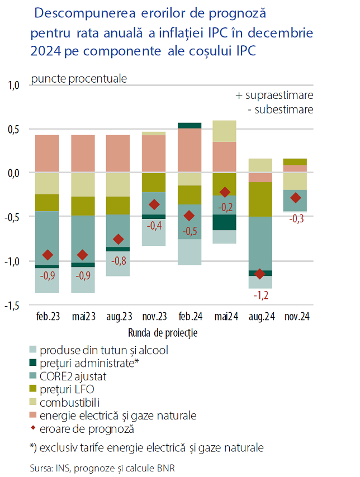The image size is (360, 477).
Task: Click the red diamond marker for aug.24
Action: click(x=259, y=274)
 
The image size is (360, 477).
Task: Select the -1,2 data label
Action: click(x=260, y=294)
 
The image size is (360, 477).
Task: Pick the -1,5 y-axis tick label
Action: click(x=12, y=306)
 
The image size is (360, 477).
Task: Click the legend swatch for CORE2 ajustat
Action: click(x=35, y=376)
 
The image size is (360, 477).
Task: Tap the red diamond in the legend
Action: click(x=35, y=429)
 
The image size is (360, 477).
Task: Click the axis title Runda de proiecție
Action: click(x=163, y=333)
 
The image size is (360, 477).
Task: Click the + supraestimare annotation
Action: click(x=274, y=95)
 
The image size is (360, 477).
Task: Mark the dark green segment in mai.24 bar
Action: click(x=224, y=222)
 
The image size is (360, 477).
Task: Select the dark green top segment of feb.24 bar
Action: click(x=189, y=126)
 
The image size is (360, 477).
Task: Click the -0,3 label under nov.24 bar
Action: click(x=297, y=219)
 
